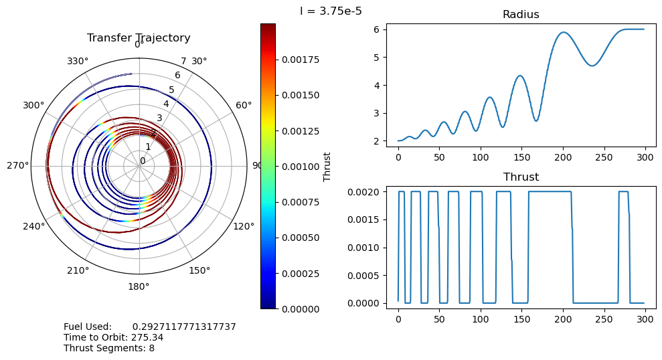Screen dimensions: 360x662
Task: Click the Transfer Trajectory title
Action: [139, 38]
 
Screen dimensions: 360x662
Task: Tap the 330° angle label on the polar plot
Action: [78, 62]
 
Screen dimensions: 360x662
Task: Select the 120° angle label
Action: [244, 226]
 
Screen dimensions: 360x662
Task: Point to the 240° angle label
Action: [34, 226]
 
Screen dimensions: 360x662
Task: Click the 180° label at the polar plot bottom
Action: [139, 286]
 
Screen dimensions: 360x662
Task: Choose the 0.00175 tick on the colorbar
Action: [299, 60]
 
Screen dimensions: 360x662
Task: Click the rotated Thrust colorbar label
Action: [327, 166]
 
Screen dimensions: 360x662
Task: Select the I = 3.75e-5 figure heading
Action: [331, 11]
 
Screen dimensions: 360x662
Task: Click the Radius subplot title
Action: [521, 15]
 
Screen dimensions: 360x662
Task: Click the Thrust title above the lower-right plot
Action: [521, 177]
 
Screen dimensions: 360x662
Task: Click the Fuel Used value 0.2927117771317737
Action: [184, 327]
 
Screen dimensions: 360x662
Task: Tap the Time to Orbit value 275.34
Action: [147, 337]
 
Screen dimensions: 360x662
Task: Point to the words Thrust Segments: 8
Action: [109, 348]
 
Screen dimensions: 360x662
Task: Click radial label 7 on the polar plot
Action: [183, 62]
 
